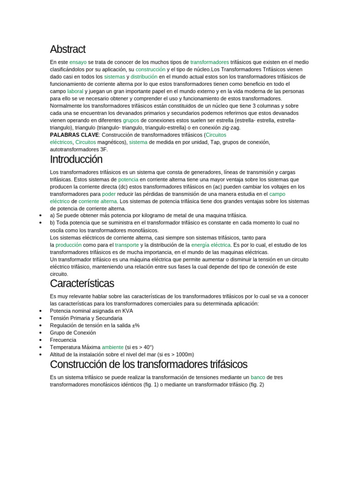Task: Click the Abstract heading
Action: tap(67, 49)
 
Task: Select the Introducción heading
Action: tap(76, 159)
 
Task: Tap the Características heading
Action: tap(82, 284)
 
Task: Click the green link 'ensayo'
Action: tap(78, 62)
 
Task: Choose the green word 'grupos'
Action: tap(131, 120)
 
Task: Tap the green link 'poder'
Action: tap(109, 194)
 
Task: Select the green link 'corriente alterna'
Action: tap(97, 201)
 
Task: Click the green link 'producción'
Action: tap(68, 245)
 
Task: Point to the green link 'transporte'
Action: tap(127, 245)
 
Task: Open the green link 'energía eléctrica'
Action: tap(211, 245)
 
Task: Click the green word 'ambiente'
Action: tap(112, 347)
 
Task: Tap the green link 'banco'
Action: tap(258, 377)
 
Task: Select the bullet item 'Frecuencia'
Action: tap(63, 340)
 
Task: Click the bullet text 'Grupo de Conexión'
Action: tap(73, 332)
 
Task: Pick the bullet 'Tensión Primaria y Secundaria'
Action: tap(86, 318)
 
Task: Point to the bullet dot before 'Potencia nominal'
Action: tap(41, 311)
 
